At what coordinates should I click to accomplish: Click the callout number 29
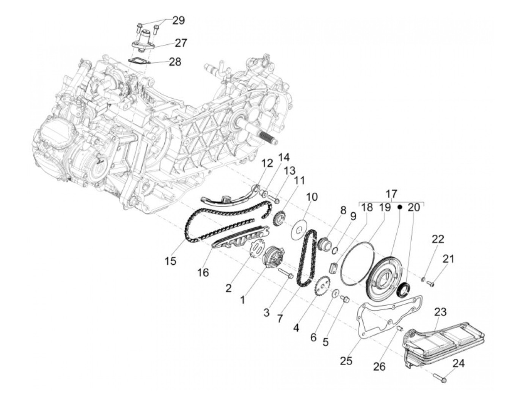tap(179, 21)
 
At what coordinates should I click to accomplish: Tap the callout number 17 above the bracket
tap(391, 194)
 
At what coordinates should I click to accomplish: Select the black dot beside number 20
tap(400, 207)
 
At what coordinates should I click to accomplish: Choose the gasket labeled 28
tap(139, 61)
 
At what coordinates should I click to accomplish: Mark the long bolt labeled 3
tap(286, 273)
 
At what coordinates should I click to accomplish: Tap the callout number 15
tap(171, 261)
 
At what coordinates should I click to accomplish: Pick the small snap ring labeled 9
tap(335, 251)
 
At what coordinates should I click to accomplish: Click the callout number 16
tap(203, 273)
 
